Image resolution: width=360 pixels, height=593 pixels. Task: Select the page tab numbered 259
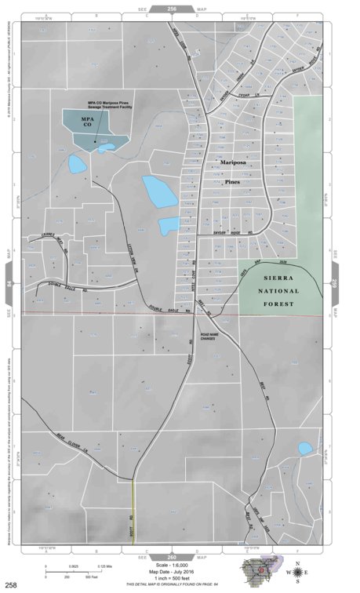point(335,283)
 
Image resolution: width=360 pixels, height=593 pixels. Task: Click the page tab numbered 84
point(9,283)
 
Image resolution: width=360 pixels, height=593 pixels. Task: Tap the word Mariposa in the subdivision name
point(233,162)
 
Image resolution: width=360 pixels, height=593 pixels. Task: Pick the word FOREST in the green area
point(279,303)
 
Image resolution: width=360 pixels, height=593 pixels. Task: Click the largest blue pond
point(159,191)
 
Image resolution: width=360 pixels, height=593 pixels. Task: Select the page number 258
point(11,584)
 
